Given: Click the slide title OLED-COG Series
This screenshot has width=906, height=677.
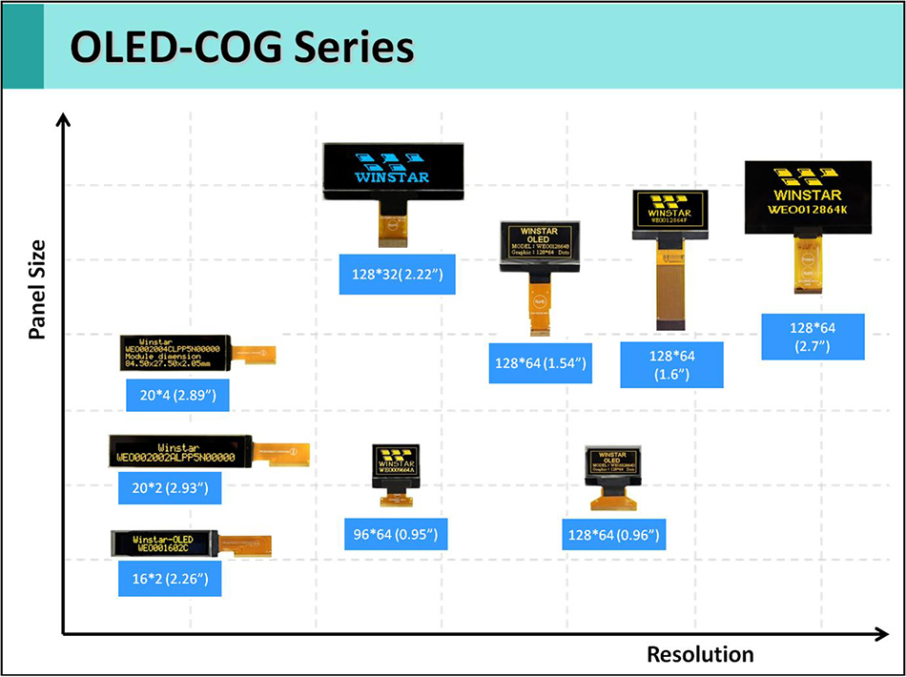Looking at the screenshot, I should (242, 48).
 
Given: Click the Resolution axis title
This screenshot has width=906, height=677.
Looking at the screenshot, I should (700, 654).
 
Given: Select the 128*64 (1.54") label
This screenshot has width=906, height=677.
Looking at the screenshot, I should (540, 364).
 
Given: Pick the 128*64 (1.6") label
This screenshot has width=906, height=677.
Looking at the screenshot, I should (670, 365).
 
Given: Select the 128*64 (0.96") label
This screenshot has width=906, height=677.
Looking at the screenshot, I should (613, 533).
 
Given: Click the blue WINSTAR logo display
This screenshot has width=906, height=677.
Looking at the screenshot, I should (392, 171).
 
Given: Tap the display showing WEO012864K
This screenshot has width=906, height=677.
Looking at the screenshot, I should (808, 196).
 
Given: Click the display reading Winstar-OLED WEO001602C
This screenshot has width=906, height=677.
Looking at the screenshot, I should (164, 544).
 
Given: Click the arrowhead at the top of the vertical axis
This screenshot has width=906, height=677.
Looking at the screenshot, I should (64, 120).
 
